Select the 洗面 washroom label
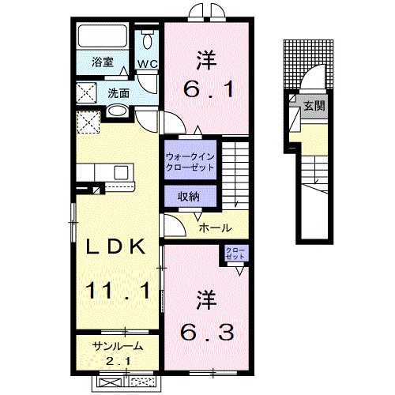[x=118, y=92]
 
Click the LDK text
[x=116, y=246]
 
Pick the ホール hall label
[x=214, y=228]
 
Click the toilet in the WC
[x=148, y=42]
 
